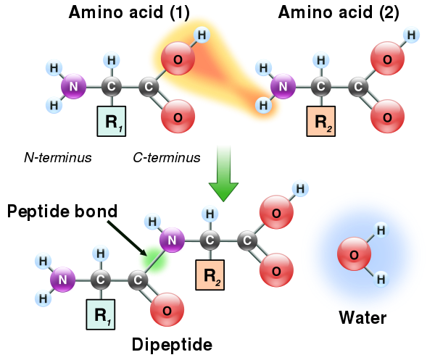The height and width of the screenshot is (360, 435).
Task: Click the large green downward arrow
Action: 223,172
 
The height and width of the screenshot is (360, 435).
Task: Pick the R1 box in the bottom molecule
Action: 101,314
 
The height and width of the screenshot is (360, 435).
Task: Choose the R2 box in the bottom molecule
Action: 210,275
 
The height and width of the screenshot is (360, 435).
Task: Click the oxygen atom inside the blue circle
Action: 354,254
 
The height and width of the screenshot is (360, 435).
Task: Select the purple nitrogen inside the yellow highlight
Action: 283,88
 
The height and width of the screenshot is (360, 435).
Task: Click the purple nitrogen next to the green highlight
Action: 172,239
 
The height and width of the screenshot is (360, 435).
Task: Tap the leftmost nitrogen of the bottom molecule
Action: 62,278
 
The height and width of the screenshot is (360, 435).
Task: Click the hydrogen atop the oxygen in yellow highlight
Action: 202,35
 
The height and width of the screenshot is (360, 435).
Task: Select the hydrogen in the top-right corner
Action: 412,34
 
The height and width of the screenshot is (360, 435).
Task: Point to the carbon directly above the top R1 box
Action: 111,88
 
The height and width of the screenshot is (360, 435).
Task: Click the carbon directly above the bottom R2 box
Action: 210,239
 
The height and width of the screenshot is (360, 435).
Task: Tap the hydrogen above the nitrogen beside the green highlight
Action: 152,220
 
